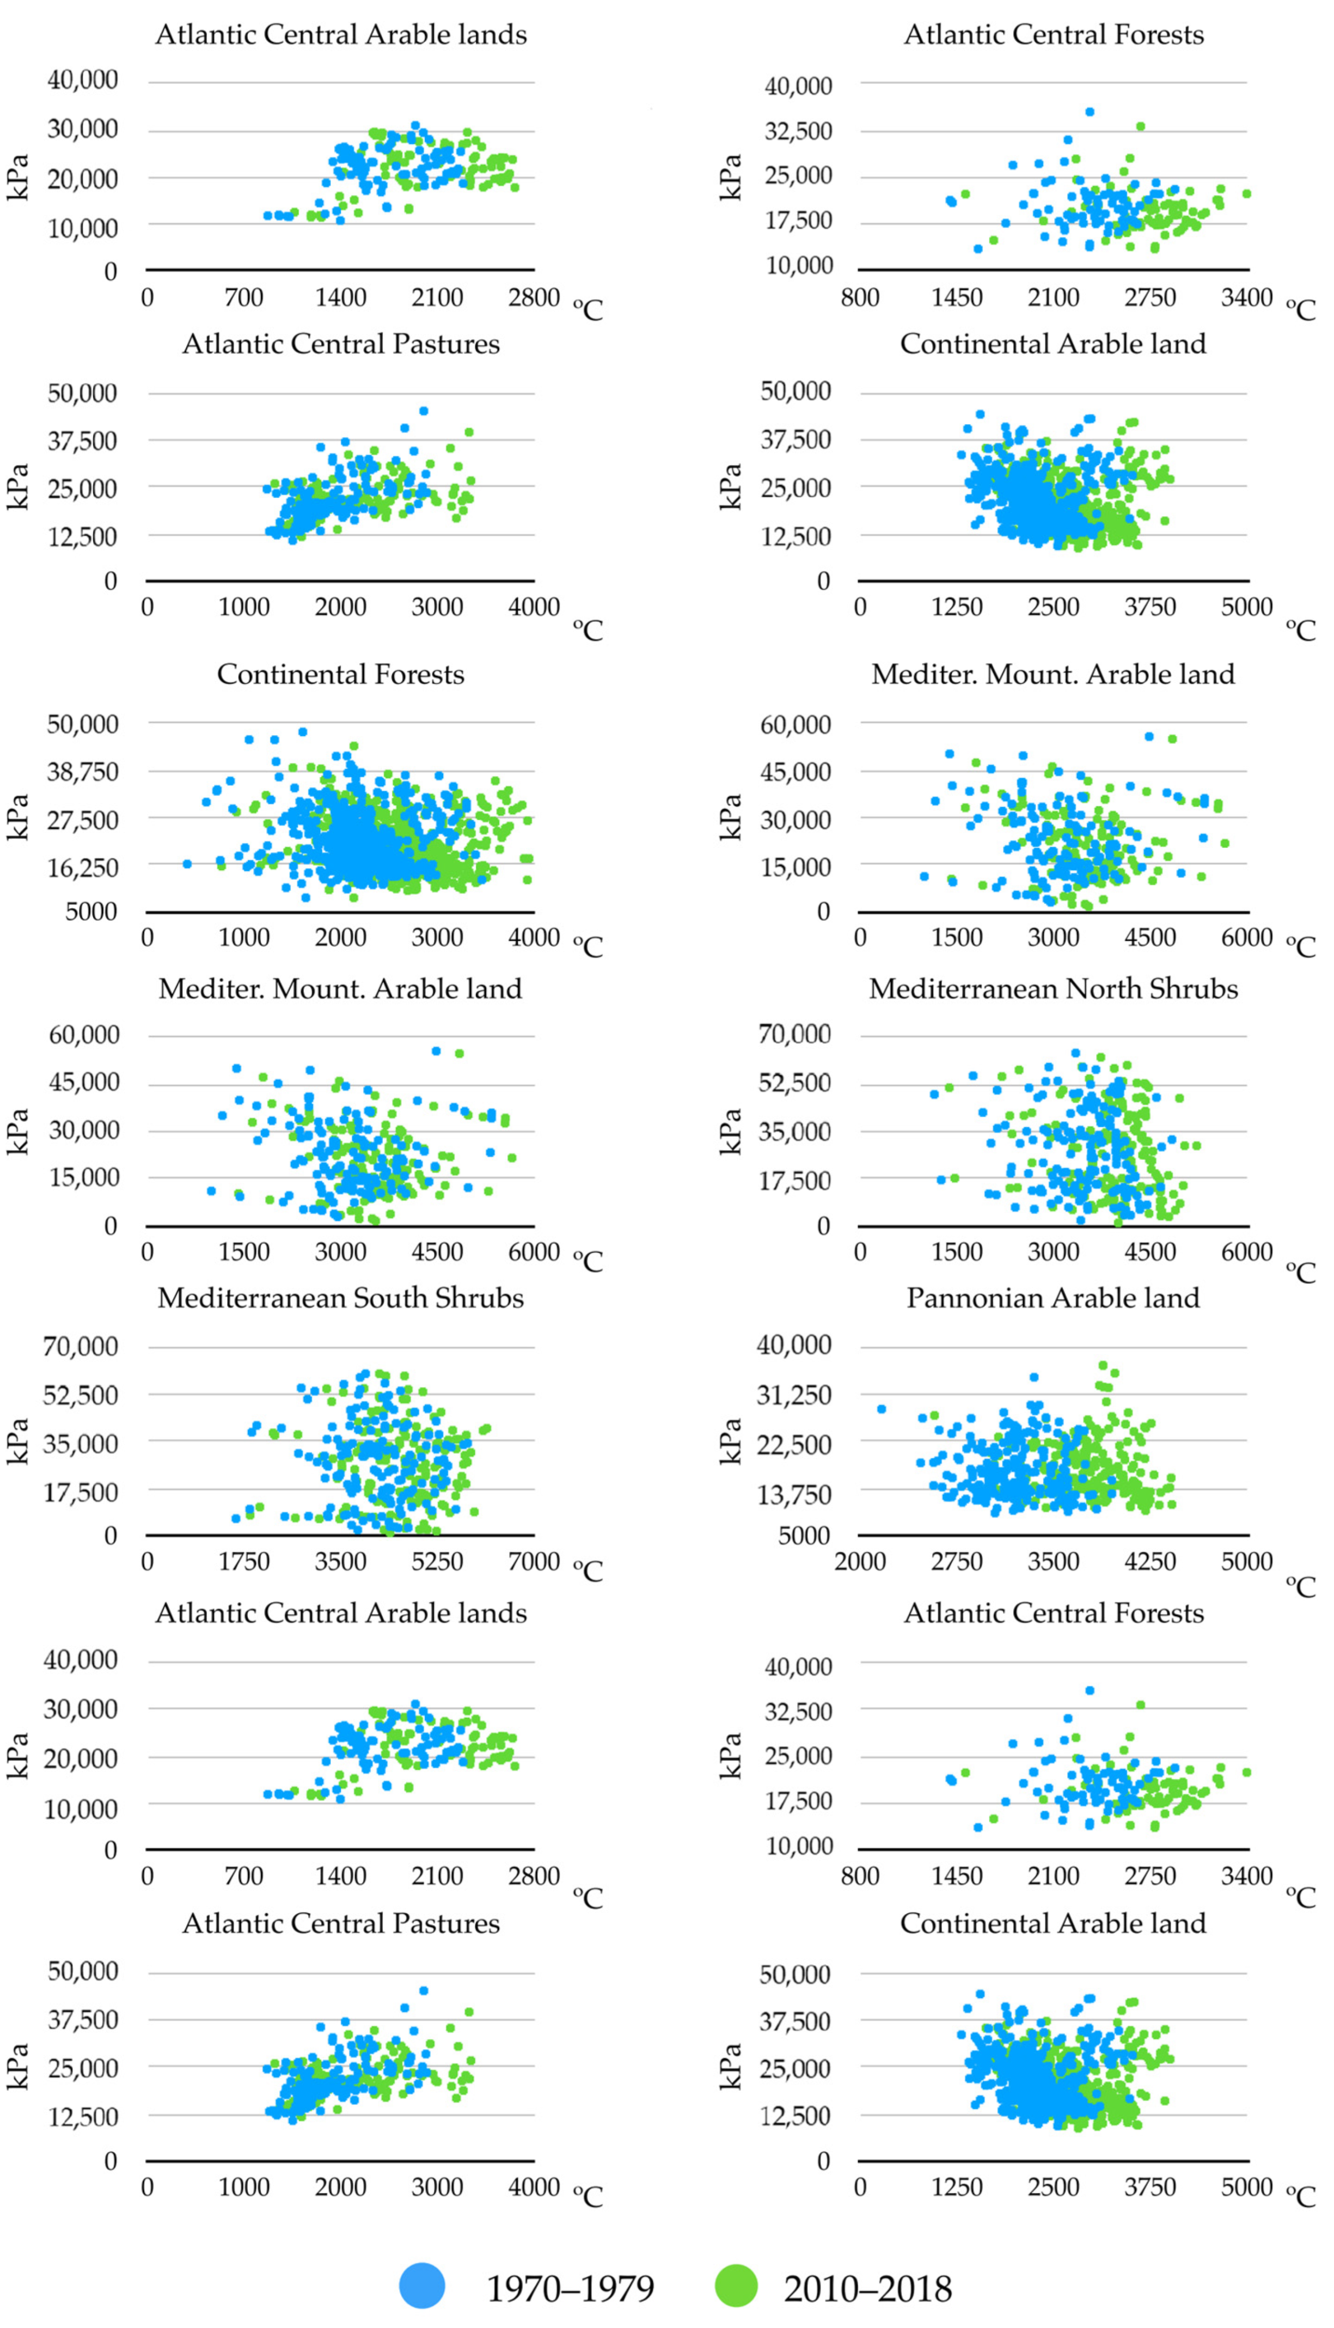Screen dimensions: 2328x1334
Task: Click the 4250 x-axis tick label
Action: click(x=1150, y=1561)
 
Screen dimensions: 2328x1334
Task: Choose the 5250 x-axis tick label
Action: click(x=437, y=1561)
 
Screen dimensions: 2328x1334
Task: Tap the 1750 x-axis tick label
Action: click(x=244, y=1561)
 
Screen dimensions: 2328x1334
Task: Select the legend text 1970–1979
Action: click(x=570, y=2289)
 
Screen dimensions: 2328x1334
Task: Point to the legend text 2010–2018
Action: click(x=868, y=2289)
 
